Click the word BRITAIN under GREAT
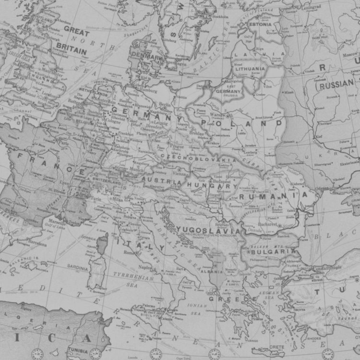pos(71,50)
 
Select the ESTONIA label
pos(260,24)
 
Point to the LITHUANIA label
pos(250,69)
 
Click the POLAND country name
pos(242,123)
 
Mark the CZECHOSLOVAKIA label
pos(198,158)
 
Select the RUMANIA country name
pos(274,196)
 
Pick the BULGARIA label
pos(273,251)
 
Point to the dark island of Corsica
pos(103,243)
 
